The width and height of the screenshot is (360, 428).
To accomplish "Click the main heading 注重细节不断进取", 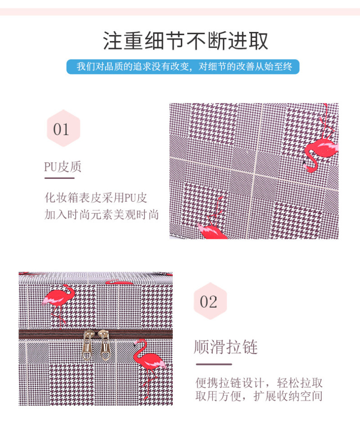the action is click(x=185, y=41).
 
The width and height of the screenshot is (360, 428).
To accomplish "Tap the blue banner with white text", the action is click(x=183, y=67).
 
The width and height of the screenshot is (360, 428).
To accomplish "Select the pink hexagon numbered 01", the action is click(x=63, y=128).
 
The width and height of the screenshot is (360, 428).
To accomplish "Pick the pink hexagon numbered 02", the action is click(x=210, y=301).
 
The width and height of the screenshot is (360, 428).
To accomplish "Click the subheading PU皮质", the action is click(x=63, y=167).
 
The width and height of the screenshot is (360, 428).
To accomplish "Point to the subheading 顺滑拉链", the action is click(x=225, y=347).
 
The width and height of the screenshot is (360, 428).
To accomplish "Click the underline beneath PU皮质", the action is click(x=59, y=178).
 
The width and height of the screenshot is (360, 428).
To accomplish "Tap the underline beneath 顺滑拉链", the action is click(x=214, y=364).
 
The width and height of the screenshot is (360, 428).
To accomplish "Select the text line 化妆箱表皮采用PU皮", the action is click(x=96, y=198).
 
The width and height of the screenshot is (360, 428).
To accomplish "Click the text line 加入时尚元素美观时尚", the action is click(x=101, y=214).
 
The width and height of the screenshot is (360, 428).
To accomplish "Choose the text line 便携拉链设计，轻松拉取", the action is click(x=259, y=383).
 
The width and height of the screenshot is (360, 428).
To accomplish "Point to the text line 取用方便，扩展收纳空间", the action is click(x=259, y=396).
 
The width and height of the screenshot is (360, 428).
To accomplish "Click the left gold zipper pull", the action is click(x=88, y=345).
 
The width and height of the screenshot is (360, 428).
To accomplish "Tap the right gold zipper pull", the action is click(x=104, y=345).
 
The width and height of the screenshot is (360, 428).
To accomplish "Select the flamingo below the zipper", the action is click(x=148, y=366).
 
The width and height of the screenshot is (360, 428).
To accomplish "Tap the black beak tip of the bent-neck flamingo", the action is click(x=304, y=163).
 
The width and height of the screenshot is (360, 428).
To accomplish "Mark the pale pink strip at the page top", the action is click(x=180, y=12).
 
